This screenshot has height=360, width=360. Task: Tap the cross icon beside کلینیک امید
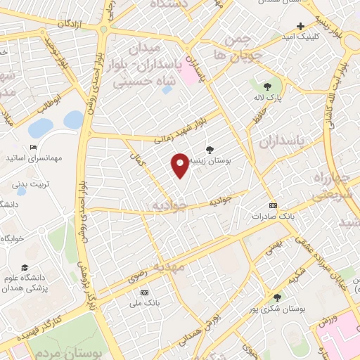click(300, 26)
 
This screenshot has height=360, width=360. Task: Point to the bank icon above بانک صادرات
click(273, 205)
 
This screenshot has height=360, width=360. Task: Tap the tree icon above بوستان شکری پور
click(276, 297)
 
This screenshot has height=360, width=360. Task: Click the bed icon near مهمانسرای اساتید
click(33, 148)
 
